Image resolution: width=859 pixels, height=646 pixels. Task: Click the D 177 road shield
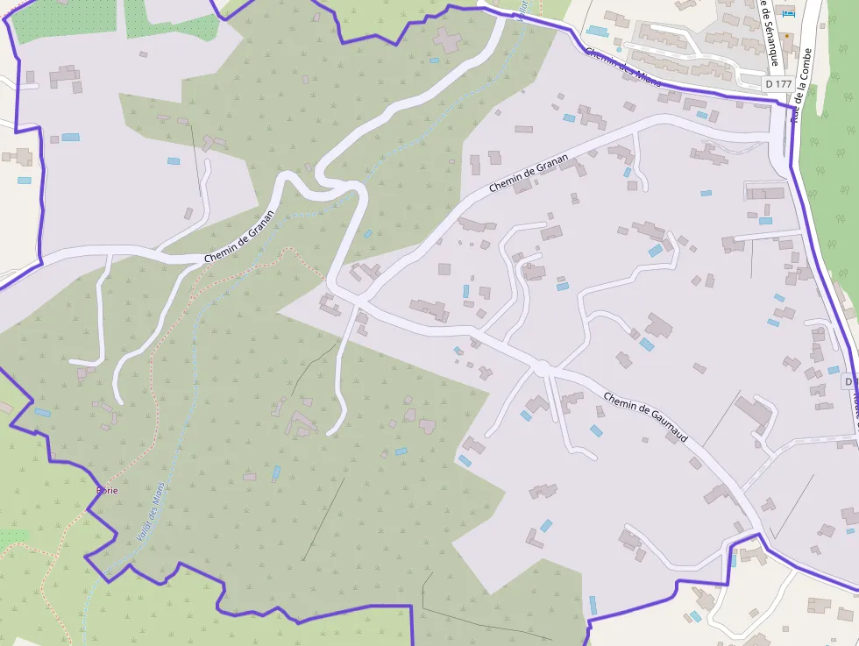click(777, 83)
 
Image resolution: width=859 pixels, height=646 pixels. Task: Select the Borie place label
click(106, 490)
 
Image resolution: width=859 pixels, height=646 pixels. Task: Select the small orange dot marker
click(786, 37)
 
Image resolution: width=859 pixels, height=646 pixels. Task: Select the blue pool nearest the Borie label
click(42, 412)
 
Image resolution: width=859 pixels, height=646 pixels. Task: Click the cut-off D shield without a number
click(850, 382)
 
